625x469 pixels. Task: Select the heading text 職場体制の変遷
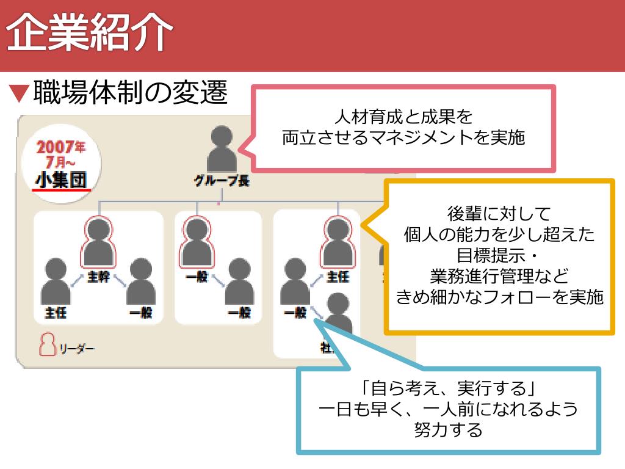pyautogui.click(x=130, y=92)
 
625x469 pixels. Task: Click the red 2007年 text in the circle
pyautogui.click(x=60, y=147)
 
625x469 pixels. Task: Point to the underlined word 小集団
pyautogui.click(x=60, y=180)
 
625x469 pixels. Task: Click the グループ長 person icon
pyautogui.click(x=222, y=150)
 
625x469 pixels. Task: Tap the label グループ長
pyautogui.click(x=222, y=181)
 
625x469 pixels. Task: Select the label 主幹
pyautogui.click(x=98, y=277)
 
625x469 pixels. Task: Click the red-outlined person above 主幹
pyautogui.click(x=98, y=242)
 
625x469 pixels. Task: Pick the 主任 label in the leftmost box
pyautogui.click(x=56, y=313)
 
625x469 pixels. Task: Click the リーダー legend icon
pyautogui.click(x=47, y=346)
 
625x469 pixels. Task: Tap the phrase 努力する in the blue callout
pyautogui.click(x=448, y=429)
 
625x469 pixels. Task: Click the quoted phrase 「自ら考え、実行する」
pyautogui.click(x=448, y=388)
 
